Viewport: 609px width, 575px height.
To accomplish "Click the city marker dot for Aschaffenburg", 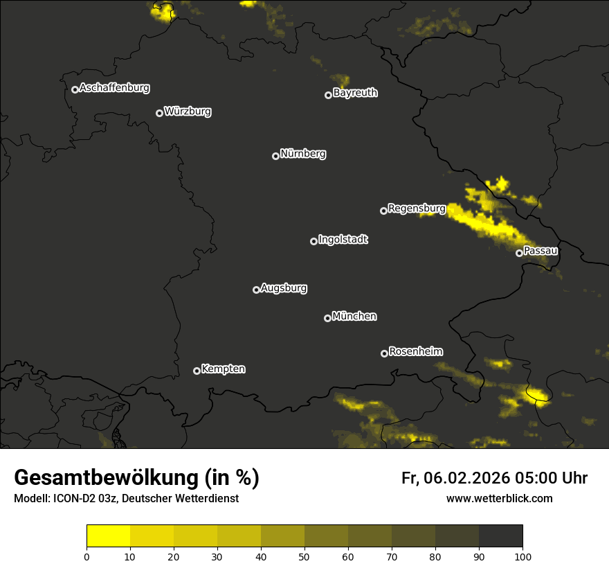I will pos(75,89).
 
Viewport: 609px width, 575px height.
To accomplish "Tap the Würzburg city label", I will pos(188,112).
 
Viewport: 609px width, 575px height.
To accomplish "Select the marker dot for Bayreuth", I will pos(328,95).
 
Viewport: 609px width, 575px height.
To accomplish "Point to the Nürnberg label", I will pos(303,154).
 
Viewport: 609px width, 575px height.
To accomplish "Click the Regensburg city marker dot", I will pos(383,211).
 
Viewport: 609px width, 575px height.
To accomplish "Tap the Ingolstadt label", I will pos(343,240).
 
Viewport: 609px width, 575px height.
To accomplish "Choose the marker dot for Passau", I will pos(519,253).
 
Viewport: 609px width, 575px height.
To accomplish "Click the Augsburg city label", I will pos(284,288).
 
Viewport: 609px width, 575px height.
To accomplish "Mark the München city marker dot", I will pos(327,318).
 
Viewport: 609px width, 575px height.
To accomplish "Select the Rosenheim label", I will pos(415,351).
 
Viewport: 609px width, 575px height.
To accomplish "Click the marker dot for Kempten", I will pos(197,371).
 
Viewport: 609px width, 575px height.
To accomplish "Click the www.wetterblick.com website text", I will pos(499,498).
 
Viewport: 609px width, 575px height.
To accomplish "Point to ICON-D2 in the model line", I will pos(73,499).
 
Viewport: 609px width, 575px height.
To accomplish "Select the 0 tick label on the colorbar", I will pos(87,556).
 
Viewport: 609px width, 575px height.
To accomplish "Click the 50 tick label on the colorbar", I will pos(304,556).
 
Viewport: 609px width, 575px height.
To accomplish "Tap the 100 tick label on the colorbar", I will pos(522,556).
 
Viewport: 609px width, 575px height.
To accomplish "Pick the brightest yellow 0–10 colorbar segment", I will pos(109,536).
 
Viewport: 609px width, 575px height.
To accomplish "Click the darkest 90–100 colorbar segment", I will pos(500,536).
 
